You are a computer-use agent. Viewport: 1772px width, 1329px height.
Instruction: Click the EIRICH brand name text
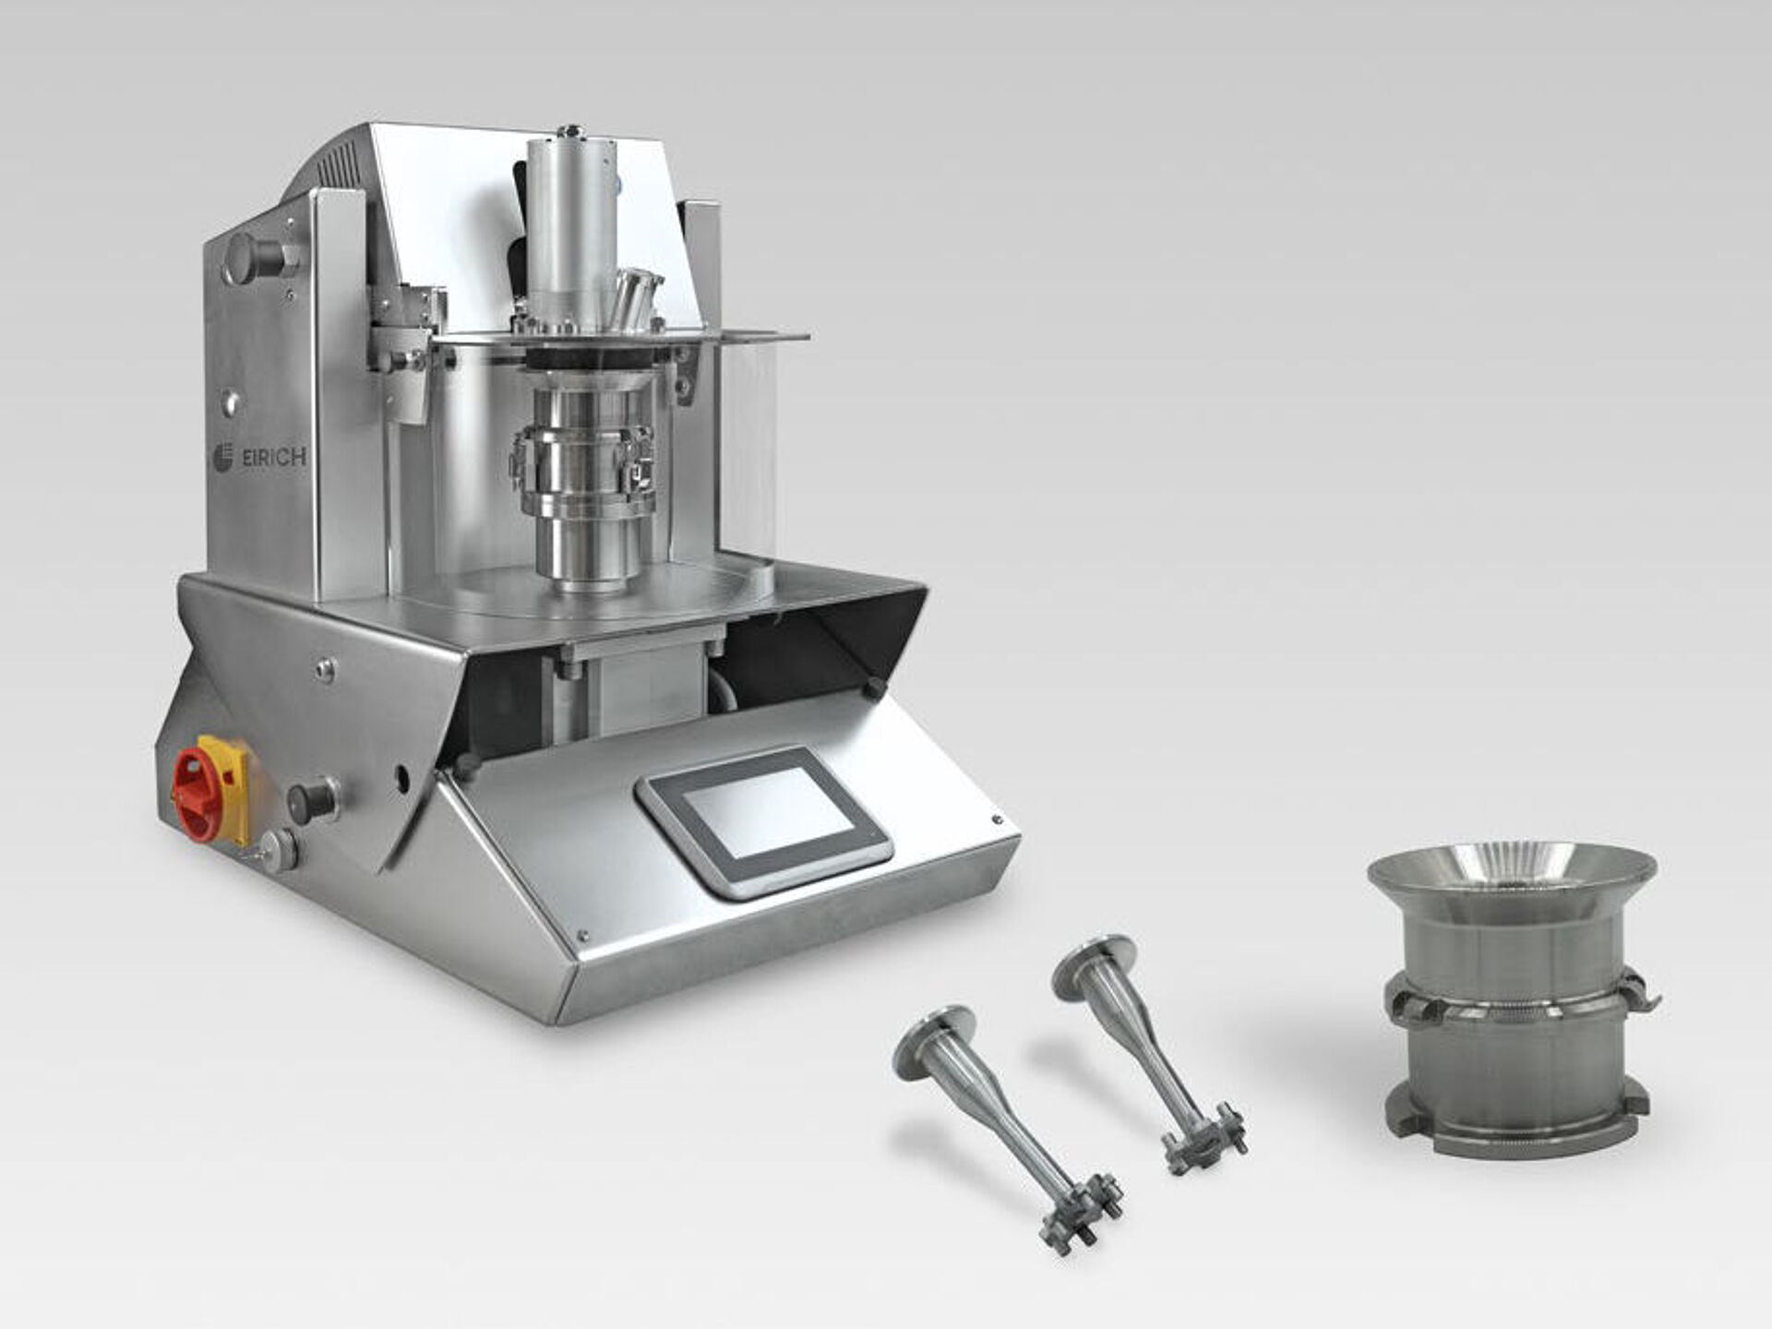(273, 459)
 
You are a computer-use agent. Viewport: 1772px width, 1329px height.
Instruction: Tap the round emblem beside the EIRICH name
(222, 457)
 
